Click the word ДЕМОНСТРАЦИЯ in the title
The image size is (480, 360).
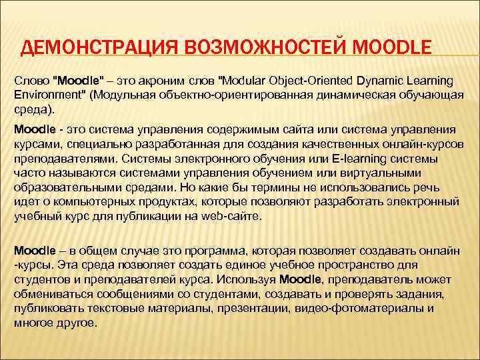pos(91,48)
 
